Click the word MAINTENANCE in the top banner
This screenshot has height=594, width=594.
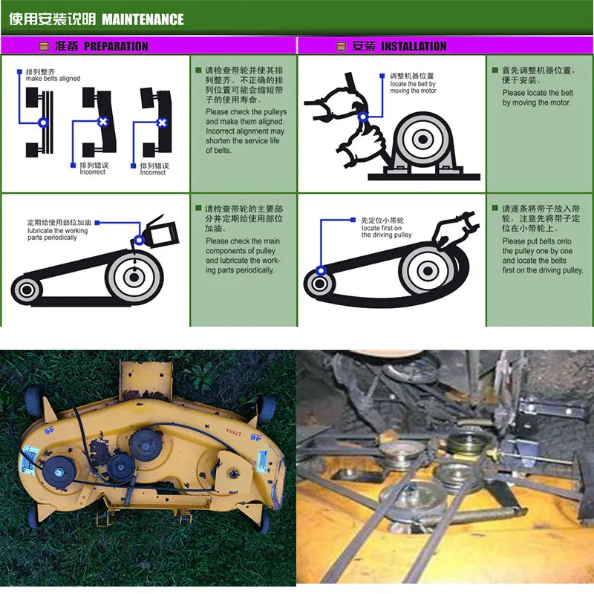(x=142, y=19)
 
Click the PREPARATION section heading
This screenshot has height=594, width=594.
(x=116, y=46)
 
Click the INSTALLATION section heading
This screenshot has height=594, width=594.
(x=414, y=46)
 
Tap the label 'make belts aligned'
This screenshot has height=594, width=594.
(x=53, y=79)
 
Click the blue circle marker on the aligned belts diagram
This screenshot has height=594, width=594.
(x=43, y=122)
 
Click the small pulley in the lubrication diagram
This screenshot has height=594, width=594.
(x=28, y=289)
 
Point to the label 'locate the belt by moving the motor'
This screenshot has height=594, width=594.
(x=413, y=88)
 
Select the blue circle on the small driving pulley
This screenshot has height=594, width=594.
(x=321, y=271)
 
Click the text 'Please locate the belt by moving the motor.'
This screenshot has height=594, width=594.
(x=538, y=98)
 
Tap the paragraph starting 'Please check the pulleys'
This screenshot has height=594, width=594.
(x=246, y=131)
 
